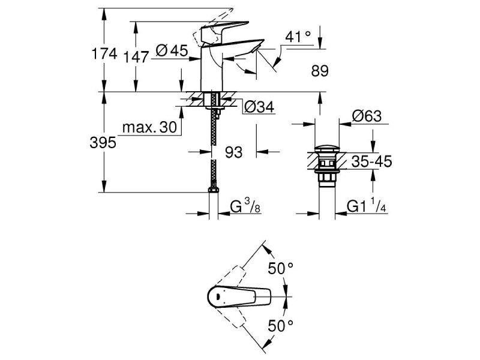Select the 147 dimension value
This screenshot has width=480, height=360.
136,57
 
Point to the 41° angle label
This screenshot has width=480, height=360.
298,37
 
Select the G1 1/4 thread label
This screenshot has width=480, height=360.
367,208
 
